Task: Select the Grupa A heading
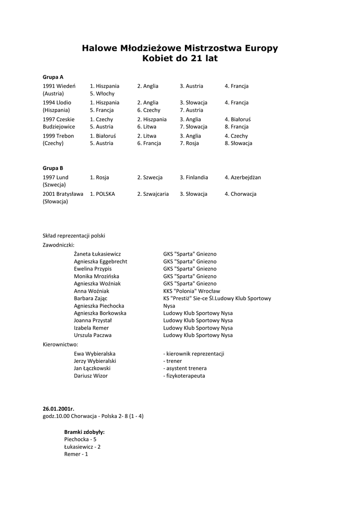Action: tap(53, 77)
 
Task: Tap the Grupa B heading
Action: tap(53, 168)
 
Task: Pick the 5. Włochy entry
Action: tap(102, 93)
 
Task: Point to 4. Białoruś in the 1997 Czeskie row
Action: tap(238, 119)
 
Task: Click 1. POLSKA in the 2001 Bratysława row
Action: tap(102, 194)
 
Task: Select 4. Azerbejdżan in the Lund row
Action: tap(243, 177)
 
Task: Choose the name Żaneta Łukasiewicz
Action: tap(97, 254)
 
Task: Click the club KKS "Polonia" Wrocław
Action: tap(191, 291)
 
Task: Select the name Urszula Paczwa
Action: tap(92, 336)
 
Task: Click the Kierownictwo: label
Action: tap(61, 344)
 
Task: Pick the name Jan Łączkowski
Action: tap(92, 368)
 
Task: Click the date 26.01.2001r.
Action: tap(58, 408)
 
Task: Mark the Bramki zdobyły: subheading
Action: tap(84, 432)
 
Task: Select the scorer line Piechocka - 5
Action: tap(80, 439)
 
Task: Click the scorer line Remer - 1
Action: tap(76, 454)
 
